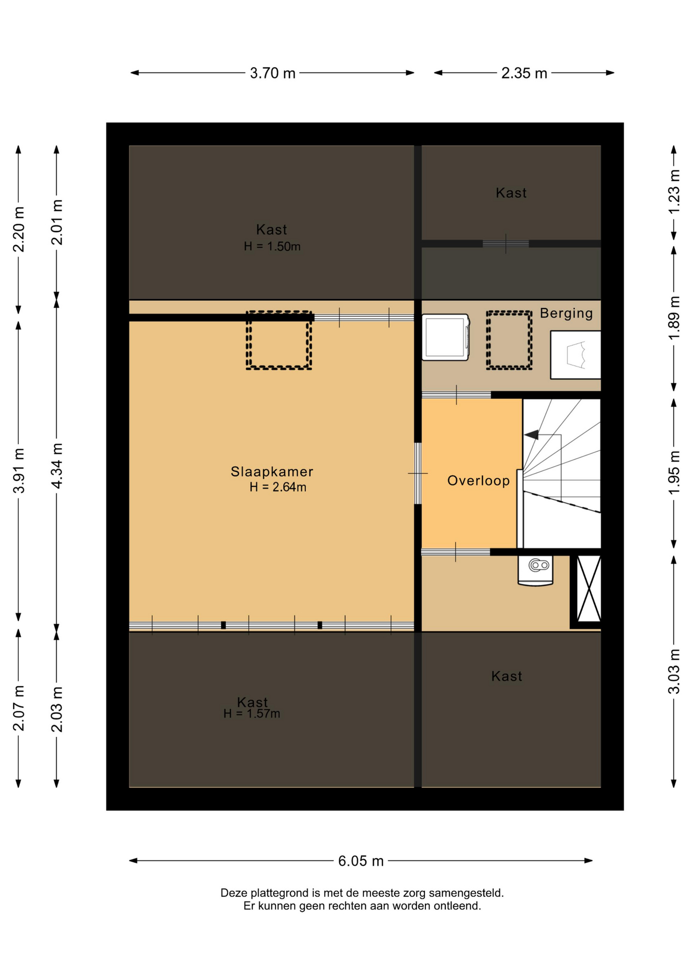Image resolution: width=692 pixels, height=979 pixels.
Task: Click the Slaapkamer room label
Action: click(x=272, y=472)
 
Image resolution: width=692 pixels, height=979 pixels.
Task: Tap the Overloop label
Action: click(x=478, y=481)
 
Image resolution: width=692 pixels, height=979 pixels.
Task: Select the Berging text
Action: click(x=566, y=313)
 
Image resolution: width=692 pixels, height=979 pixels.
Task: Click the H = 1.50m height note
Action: click(x=272, y=246)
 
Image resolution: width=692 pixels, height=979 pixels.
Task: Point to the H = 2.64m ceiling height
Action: click(x=278, y=487)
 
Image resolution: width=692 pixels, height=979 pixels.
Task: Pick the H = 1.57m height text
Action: click(x=252, y=713)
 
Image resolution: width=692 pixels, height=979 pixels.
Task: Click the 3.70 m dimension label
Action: click(x=273, y=73)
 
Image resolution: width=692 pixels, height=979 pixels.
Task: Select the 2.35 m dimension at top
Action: click(x=524, y=73)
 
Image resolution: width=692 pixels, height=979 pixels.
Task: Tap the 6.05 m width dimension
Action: click(x=361, y=861)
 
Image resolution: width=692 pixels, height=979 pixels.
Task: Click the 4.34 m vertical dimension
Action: click(x=57, y=466)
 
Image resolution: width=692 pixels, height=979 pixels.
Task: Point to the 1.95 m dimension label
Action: click(x=674, y=472)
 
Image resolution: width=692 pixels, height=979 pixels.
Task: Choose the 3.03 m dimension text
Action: click(x=674, y=671)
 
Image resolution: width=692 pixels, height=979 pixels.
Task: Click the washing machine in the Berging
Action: click(x=445, y=338)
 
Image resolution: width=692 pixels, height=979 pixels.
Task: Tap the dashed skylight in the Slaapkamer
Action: click(x=279, y=340)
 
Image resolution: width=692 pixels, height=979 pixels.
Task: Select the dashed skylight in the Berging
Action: click(x=509, y=340)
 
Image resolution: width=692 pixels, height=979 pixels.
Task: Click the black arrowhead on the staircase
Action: click(x=531, y=435)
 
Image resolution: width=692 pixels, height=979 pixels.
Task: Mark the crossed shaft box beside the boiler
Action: click(x=589, y=588)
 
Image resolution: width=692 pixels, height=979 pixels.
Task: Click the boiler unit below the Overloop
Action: click(x=536, y=570)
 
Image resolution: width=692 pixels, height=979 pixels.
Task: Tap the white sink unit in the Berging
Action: click(x=575, y=354)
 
